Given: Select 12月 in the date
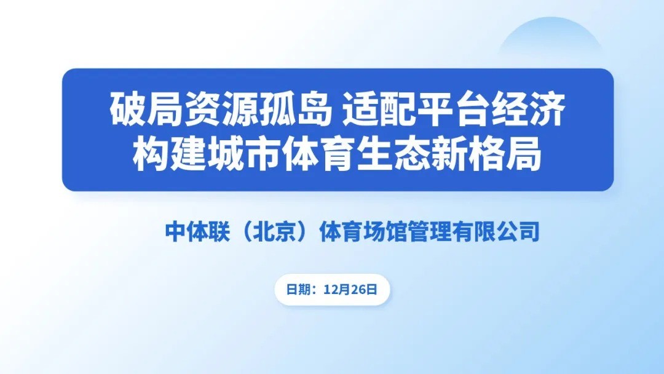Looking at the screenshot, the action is (x=338, y=290).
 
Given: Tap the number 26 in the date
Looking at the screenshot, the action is (x=358, y=290).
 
